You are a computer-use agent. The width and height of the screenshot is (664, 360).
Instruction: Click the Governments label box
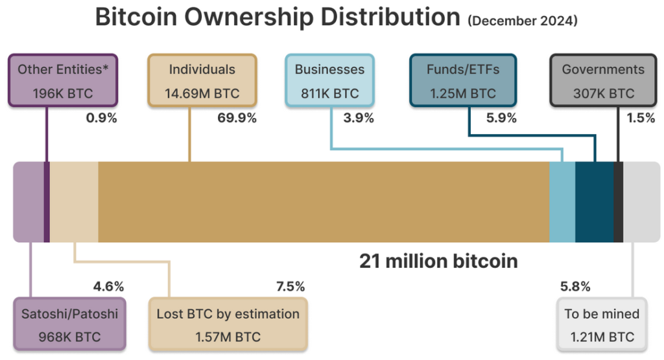(603, 81)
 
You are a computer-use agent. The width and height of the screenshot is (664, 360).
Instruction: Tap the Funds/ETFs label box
(462, 81)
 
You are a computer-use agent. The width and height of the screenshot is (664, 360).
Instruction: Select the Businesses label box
(329, 81)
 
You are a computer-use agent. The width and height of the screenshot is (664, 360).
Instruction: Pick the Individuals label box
(202, 81)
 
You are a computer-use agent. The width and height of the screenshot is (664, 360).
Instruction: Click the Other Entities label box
(62, 81)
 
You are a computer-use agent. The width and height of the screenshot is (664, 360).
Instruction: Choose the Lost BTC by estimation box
(228, 325)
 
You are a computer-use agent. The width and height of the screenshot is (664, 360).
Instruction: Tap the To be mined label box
(602, 325)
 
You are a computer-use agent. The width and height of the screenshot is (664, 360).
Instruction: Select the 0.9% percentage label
(101, 118)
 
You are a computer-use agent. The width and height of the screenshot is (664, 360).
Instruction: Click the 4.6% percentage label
(108, 286)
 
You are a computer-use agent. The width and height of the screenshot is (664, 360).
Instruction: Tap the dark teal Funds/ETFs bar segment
(594, 202)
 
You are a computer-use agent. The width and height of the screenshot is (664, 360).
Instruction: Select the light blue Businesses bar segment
(562, 202)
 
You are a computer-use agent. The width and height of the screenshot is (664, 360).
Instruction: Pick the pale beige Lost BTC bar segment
(74, 202)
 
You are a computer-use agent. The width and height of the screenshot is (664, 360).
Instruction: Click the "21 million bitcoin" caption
(439, 261)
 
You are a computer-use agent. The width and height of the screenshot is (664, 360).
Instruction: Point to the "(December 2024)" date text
(522, 21)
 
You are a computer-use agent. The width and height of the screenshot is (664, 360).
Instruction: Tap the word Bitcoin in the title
(134, 18)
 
